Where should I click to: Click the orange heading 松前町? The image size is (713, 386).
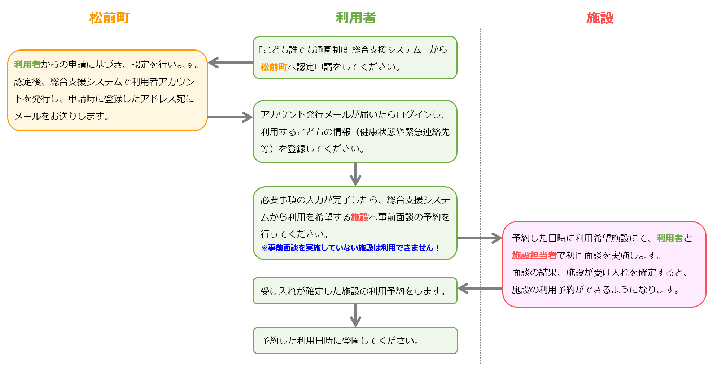[x=109, y=18]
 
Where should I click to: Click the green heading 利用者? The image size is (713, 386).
[x=355, y=18]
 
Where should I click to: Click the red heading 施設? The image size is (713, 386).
[x=600, y=18]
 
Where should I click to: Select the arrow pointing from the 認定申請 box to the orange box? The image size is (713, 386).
[x=230, y=63]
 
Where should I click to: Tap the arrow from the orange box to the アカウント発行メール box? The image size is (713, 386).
[x=230, y=117]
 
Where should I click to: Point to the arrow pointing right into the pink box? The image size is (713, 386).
[x=479, y=238]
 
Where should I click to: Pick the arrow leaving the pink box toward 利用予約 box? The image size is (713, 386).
[x=480, y=289]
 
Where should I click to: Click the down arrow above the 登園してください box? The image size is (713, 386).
[x=355, y=315]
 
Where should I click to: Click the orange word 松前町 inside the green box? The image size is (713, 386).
[x=274, y=67]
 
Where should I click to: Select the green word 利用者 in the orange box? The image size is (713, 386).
[x=27, y=65]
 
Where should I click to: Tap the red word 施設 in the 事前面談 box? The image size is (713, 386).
[x=359, y=217]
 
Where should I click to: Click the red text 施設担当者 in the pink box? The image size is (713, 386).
[x=534, y=256]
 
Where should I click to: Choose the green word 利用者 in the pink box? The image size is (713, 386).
[x=669, y=238]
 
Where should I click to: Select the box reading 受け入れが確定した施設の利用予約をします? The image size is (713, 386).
[x=355, y=291]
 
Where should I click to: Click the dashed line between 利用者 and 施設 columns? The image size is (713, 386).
[x=480, y=144]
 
